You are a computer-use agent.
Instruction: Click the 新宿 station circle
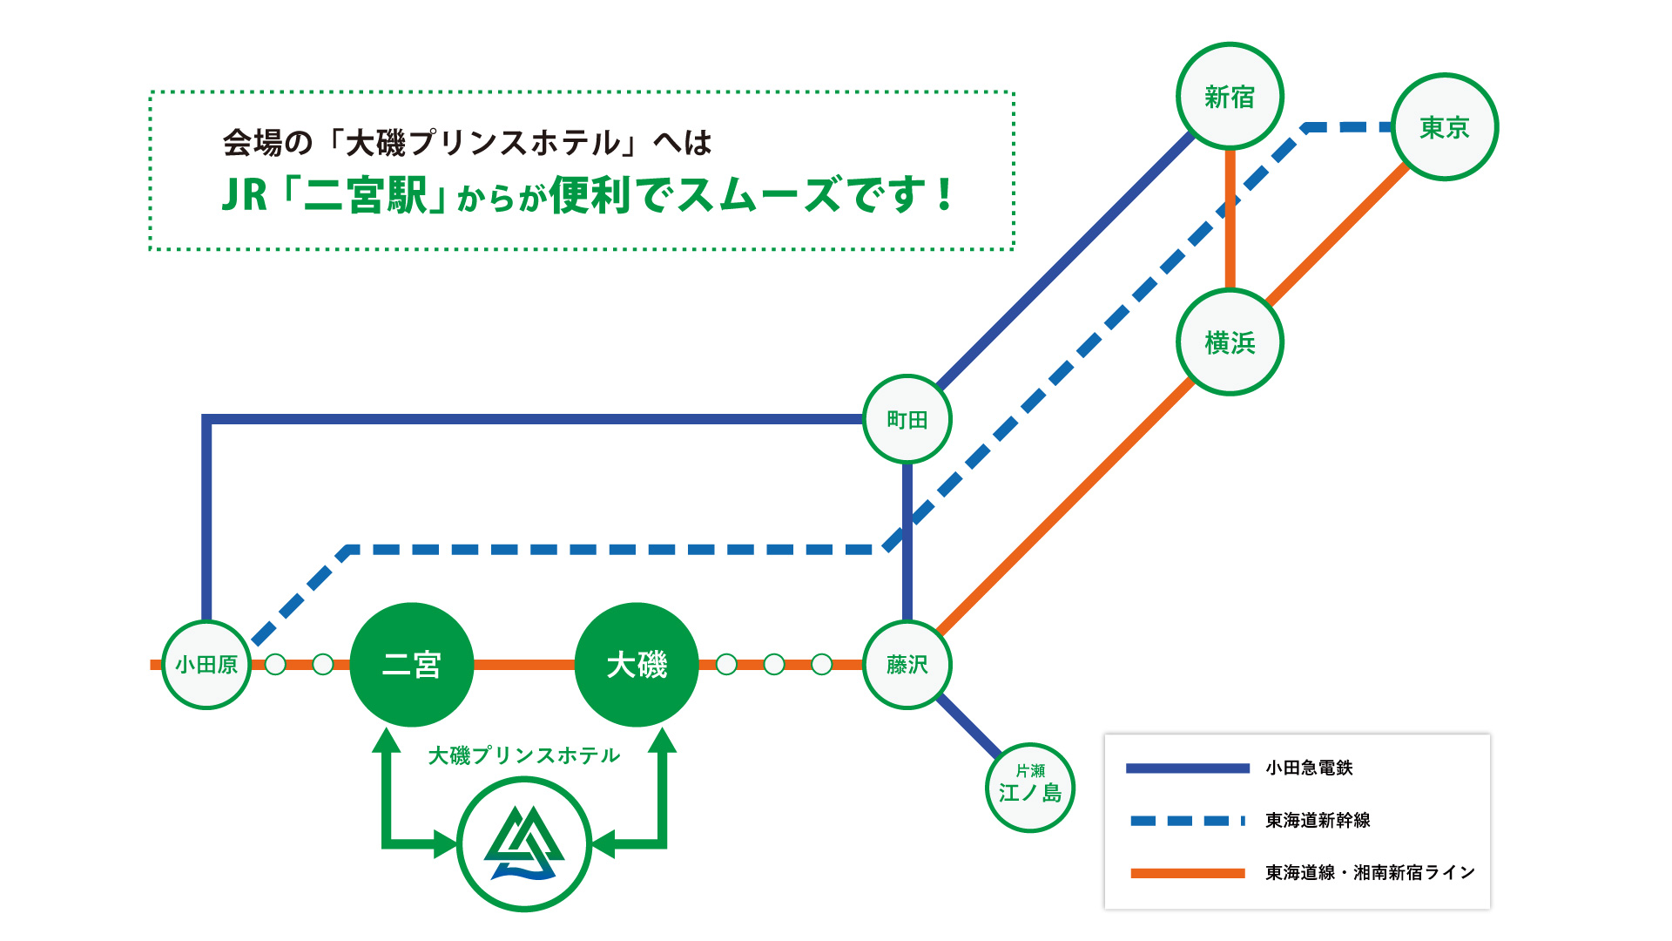[1230, 96]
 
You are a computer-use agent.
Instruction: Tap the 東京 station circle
[1445, 127]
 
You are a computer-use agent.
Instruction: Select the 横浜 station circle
[1230, 342]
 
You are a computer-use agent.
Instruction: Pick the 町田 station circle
[907, 419]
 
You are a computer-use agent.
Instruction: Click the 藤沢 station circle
[907, 665]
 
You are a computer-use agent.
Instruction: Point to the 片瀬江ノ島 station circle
[1030, 788]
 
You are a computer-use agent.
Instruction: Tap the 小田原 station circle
[206, 665]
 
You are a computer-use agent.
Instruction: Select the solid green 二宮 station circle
[412, 665]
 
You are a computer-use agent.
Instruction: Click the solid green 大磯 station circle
[637, 665]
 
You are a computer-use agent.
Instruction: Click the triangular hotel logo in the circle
[524, 843]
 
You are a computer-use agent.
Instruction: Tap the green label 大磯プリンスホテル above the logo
[524, 755]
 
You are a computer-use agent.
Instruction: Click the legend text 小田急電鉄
[1309, 768]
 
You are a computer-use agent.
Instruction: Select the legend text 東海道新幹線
[1318, 820]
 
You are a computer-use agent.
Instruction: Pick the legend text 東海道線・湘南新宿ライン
[1370, 872]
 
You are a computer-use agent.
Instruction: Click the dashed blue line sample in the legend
[1187, 820]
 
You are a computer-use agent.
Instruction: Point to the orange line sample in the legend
[1187, 872]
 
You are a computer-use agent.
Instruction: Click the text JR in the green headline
[244, 195]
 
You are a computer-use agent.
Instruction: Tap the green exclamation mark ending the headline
[945, 195]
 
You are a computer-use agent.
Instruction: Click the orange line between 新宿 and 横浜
[1230, 218]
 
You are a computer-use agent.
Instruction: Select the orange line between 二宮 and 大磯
[524, 665]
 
